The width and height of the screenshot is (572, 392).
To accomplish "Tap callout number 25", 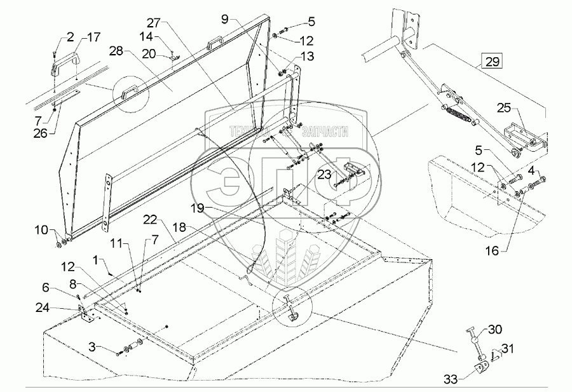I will tap(503, 109).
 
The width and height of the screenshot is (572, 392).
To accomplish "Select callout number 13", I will tap(307, 57).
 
